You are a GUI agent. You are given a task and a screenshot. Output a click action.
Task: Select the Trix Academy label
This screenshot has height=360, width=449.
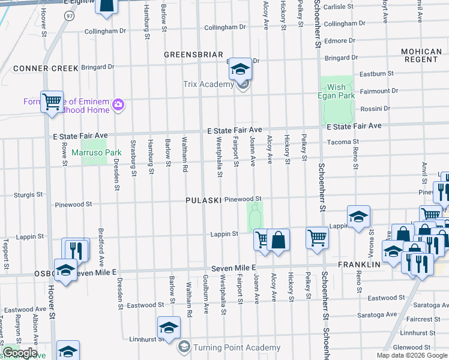(208, 84)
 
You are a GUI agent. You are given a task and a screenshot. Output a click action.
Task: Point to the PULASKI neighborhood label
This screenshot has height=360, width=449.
(203, 200)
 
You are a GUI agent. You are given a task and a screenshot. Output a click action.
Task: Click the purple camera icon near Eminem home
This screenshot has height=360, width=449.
(118, 105)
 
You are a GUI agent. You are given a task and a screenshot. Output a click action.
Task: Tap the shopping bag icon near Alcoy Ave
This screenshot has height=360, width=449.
(279, 239)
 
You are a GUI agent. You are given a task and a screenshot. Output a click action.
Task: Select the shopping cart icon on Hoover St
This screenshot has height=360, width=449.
(52, 102)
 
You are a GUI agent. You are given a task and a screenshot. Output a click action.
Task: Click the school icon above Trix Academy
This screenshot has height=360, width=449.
(240, 69)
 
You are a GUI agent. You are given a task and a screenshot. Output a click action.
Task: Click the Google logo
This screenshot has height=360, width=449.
(19, 353)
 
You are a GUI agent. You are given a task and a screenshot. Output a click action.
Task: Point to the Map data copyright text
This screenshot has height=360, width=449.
(411, 355)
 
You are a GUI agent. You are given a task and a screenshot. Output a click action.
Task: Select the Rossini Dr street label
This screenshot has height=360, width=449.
(374, 109)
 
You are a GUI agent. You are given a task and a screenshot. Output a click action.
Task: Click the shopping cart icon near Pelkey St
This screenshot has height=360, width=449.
(317, 238)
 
